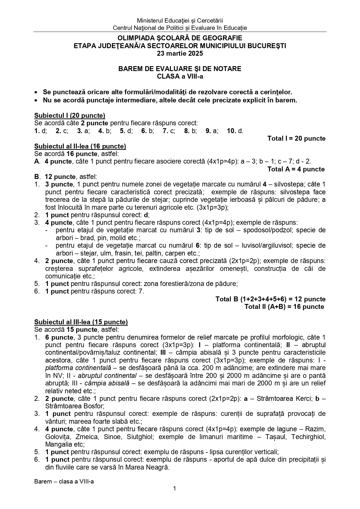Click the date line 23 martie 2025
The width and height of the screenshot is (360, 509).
180,53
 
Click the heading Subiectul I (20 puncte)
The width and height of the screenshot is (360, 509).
70,115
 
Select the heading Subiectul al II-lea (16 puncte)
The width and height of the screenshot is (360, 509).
80,146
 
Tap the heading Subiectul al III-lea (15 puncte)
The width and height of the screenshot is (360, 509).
81,322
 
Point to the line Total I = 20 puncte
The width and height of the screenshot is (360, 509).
296,139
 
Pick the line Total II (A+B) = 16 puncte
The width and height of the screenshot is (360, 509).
284,307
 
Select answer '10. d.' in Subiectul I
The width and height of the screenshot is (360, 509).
235,131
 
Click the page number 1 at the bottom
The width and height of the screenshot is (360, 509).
175,489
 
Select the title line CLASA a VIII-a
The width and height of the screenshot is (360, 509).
180,77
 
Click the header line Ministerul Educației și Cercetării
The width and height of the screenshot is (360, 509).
180,21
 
